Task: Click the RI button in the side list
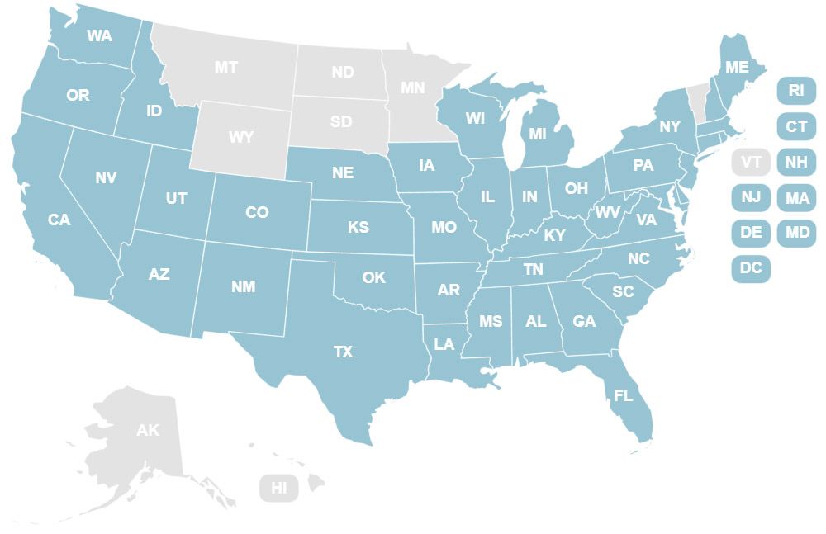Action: click(796, 90)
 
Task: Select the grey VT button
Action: click(751, 162)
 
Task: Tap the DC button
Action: click(751, 268)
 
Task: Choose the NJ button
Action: click(751, 197)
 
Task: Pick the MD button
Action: click(797, 233)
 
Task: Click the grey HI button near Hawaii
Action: click(279, 488)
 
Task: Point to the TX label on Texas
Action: click(343, 352)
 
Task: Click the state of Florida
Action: click(624, 396)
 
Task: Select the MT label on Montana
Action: click(226, 68)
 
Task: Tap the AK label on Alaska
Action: click(148, 430)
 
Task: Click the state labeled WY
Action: click(240, 137)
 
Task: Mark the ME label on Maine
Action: click(736, 67)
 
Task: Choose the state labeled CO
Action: click(257, 213)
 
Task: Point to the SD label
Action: click(341, 122)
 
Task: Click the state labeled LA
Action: click(444, 344)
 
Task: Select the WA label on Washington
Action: click(99, 36)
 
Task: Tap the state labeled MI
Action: click(538, 134)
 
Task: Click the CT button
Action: click(796, 126)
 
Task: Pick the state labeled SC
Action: click(623, 292)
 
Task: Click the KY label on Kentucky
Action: click(554, 236)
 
